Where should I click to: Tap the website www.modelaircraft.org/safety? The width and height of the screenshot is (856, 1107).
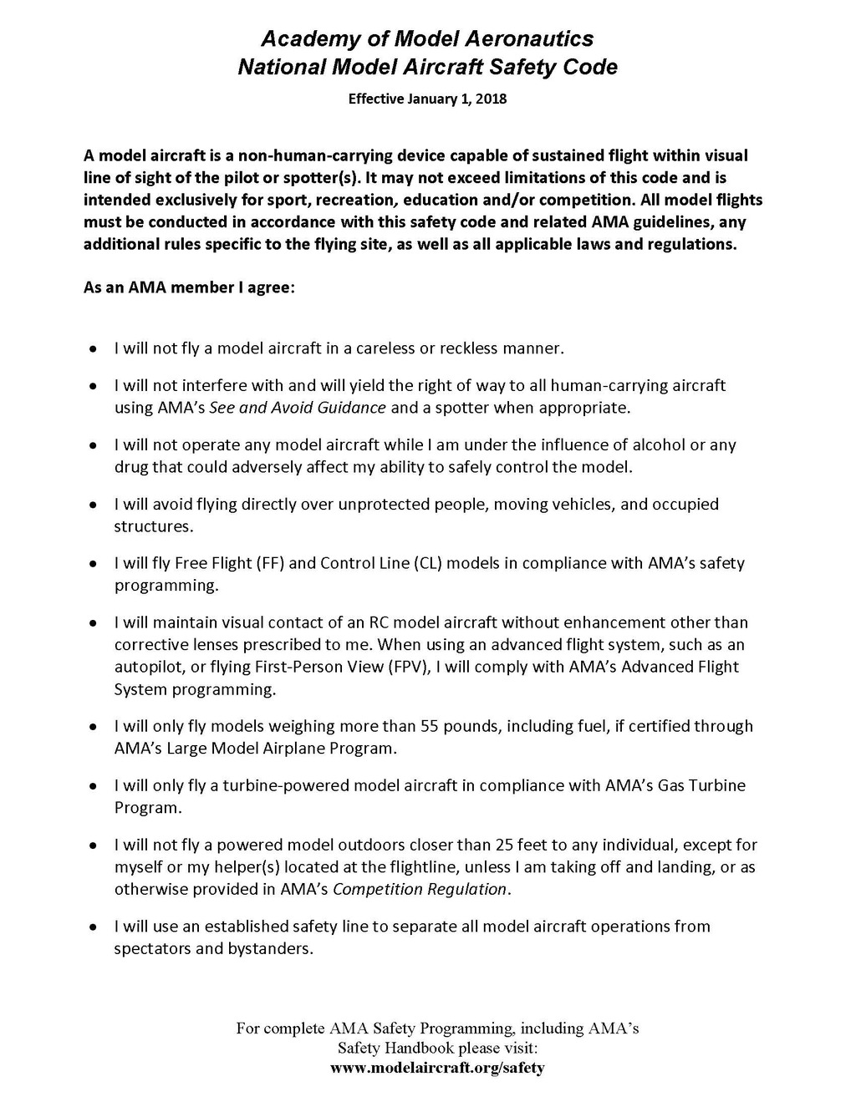click(x=437, y=1068)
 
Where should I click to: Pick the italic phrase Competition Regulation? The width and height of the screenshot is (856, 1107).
click(x=420, y=889)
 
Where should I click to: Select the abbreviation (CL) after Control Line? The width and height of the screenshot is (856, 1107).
click(x=426, y=563)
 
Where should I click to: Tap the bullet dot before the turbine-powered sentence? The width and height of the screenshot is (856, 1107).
click(x=93, y=787)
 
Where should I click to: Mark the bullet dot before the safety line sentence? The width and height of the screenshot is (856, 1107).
click(x=93, y=927)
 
